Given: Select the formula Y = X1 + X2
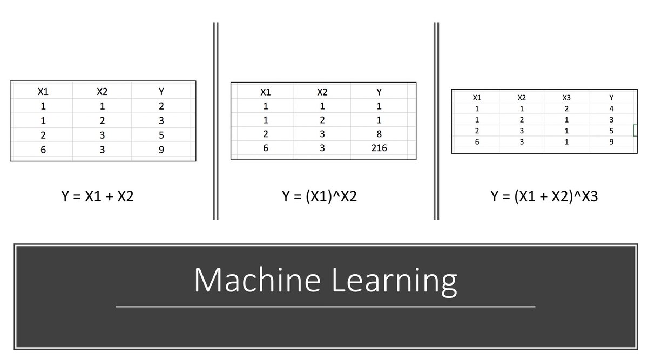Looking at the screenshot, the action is coord(97,196).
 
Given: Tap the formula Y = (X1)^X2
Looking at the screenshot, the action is coord(319,196).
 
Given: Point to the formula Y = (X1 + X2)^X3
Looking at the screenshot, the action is coord(544,196).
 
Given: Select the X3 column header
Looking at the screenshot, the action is coord(566,98).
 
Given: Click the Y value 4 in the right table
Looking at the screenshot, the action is coord(611,109).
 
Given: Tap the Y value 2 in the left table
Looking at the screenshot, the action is coord(161,106).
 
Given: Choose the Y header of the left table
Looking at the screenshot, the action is coord(161,91).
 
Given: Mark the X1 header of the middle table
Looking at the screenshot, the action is coord(265,92).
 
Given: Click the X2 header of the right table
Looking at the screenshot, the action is coord(521,98).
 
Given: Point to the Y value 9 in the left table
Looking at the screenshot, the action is coord(161,150).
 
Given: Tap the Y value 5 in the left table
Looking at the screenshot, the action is coord(161,135).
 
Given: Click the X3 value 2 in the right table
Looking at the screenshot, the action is coord(566,109).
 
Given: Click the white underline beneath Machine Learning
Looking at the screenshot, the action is coord(326,307).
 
